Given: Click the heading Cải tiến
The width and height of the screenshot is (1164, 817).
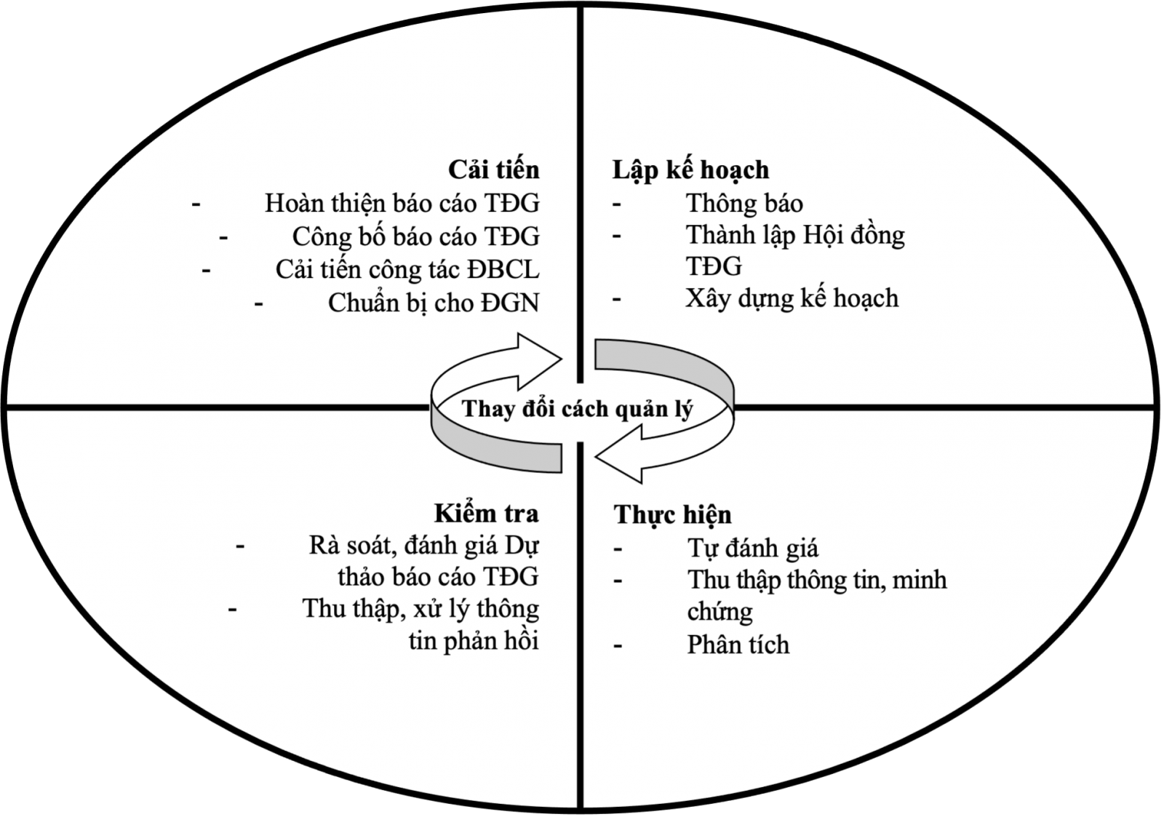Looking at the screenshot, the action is click(494, 170).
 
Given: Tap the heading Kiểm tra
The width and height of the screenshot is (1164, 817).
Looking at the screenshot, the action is click(487, 514).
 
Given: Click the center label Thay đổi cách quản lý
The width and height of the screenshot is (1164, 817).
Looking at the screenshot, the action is click(578, 410).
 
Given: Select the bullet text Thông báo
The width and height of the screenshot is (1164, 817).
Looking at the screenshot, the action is click(744, 204).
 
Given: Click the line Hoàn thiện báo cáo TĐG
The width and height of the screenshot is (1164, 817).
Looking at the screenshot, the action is click(402, 204).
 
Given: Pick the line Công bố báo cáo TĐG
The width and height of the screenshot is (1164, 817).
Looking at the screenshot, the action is click(415, 237).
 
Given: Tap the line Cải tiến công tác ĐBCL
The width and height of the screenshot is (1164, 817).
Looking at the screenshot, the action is click(407, 270).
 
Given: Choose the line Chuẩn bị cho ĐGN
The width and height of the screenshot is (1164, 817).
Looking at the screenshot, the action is click(434, 303).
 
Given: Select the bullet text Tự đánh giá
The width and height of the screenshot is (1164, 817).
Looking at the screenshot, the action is click(753, 549).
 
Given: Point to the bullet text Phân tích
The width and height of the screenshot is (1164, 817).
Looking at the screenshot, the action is click(738, 645).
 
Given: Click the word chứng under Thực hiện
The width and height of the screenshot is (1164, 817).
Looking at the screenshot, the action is click(719, 613).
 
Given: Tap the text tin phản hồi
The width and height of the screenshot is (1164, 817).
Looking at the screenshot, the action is click(474, 641).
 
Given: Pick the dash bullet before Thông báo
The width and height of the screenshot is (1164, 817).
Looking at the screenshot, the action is click(617, 204).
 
